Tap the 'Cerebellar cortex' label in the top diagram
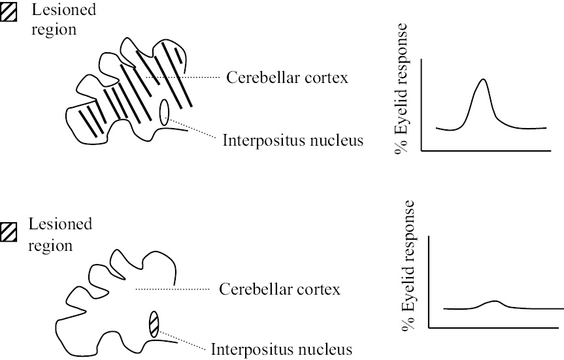coord(287,77)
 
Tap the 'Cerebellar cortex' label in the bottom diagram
coord(280,288)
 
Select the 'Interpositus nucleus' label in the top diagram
coord(292,140)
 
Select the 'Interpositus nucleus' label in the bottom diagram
coord(282,348)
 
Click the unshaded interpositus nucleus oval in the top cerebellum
coord(165,111)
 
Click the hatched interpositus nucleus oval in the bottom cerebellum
coord(154,324)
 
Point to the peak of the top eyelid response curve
coord(483,80)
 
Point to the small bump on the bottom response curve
coord(495,302)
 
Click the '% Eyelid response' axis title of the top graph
coord(401,89)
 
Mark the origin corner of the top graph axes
coord(422,151)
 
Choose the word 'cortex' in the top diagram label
coord(327,77)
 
